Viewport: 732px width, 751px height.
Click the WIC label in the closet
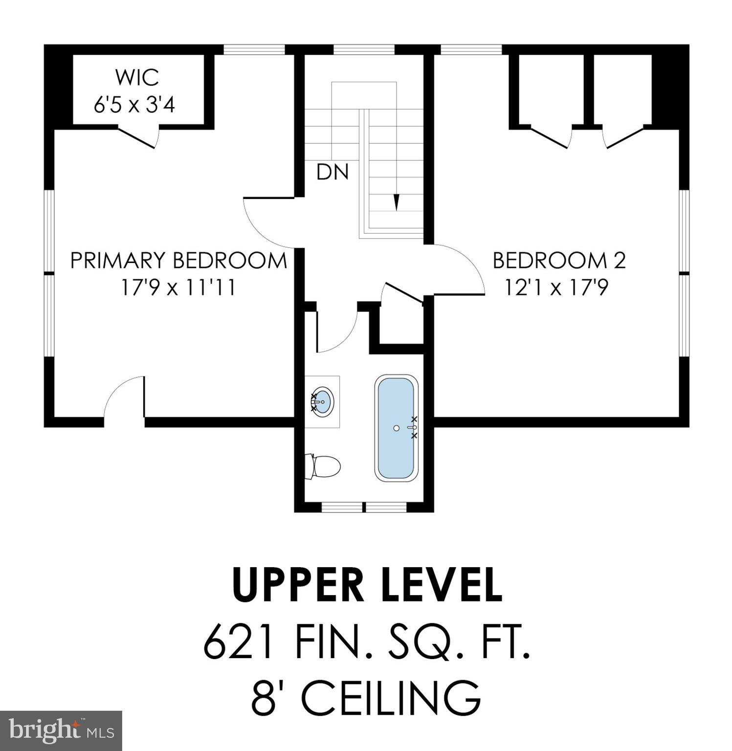point(136,77)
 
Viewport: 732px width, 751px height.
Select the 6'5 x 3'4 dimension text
point(134,105)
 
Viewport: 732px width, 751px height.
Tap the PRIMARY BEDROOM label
point(178,260)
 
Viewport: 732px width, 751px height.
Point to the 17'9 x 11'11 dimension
point(178,287)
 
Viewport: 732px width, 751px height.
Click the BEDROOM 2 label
point(559,260)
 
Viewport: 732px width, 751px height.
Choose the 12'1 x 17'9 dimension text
point(556,287)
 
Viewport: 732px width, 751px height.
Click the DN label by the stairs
point(333,172)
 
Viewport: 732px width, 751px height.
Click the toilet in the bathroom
point(323,466)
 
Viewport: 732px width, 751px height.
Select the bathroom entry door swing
point(337,332)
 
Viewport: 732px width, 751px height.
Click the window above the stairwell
point(364,49)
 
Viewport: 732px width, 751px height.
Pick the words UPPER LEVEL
point(367,585)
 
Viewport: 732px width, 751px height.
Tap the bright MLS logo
point(61,730)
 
